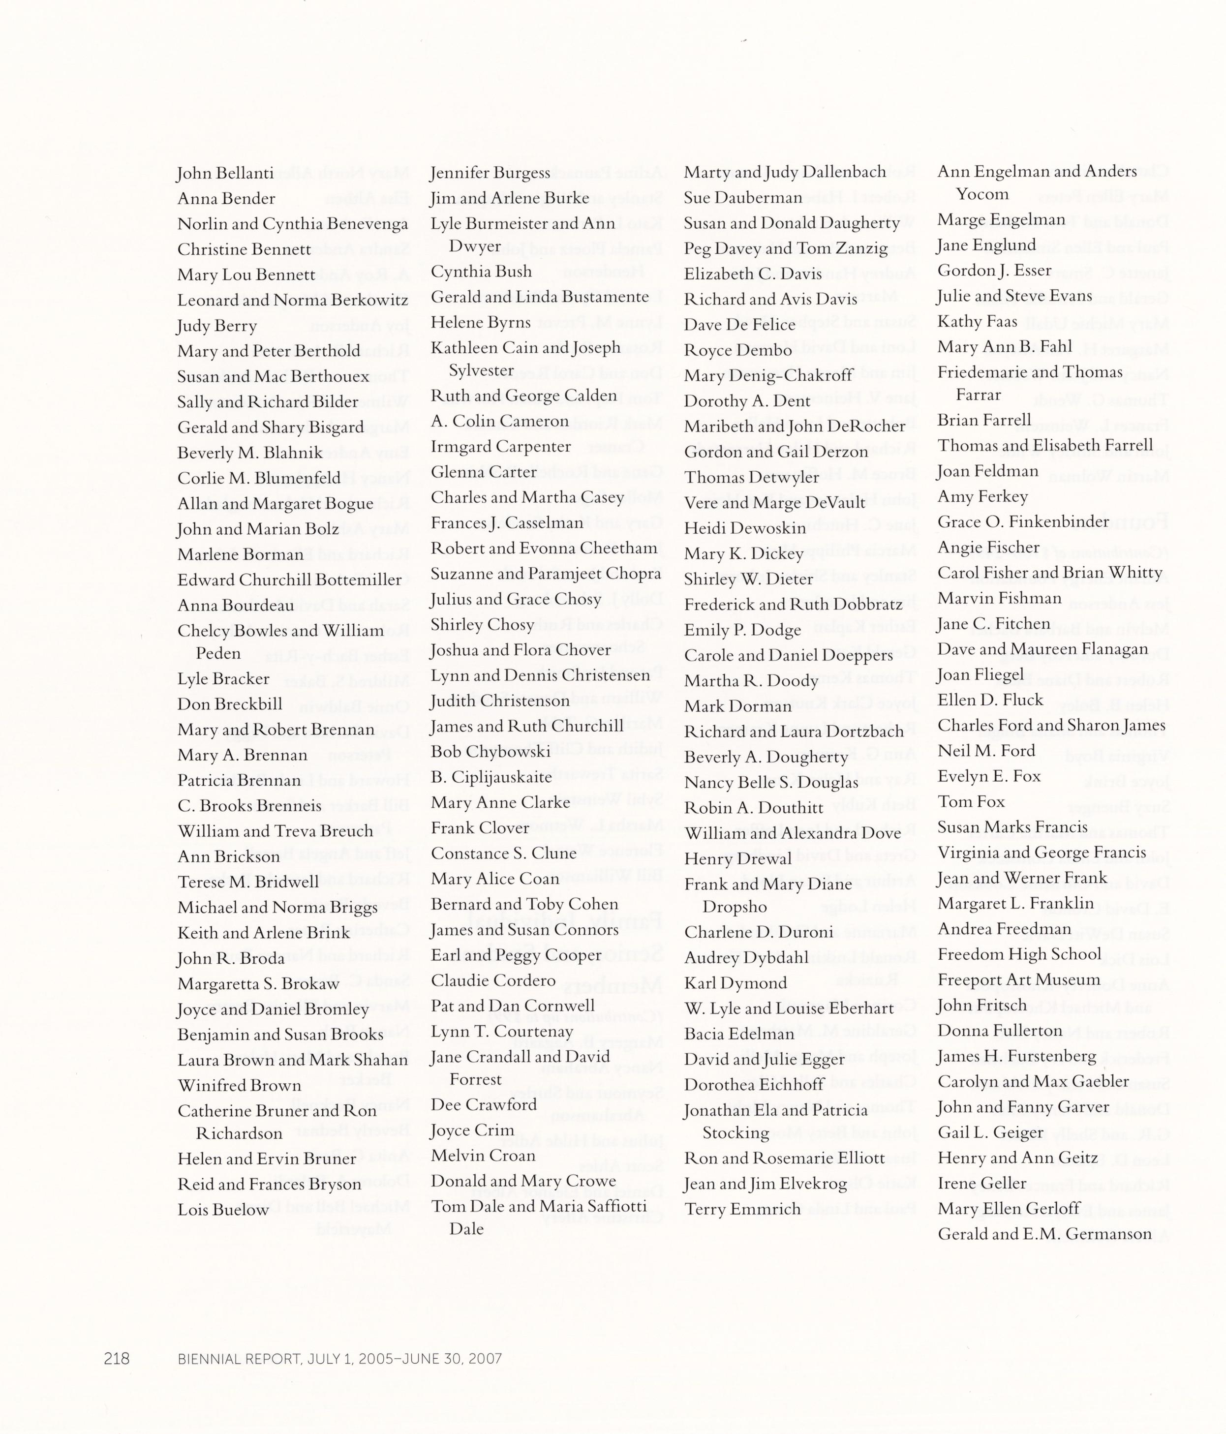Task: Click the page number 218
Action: coord(116,1359)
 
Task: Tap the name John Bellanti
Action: coord(225,173)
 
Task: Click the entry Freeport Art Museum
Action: coord(1018,980)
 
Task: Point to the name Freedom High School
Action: coord(1019,954)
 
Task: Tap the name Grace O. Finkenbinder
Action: coord(1023,522)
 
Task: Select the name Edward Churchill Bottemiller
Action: coord(289,580)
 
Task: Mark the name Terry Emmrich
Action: coord(742,1209)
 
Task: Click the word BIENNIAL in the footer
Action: coord(206,1359)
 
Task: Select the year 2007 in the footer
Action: coord(484,1359)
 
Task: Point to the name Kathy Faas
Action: coord(977,322)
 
